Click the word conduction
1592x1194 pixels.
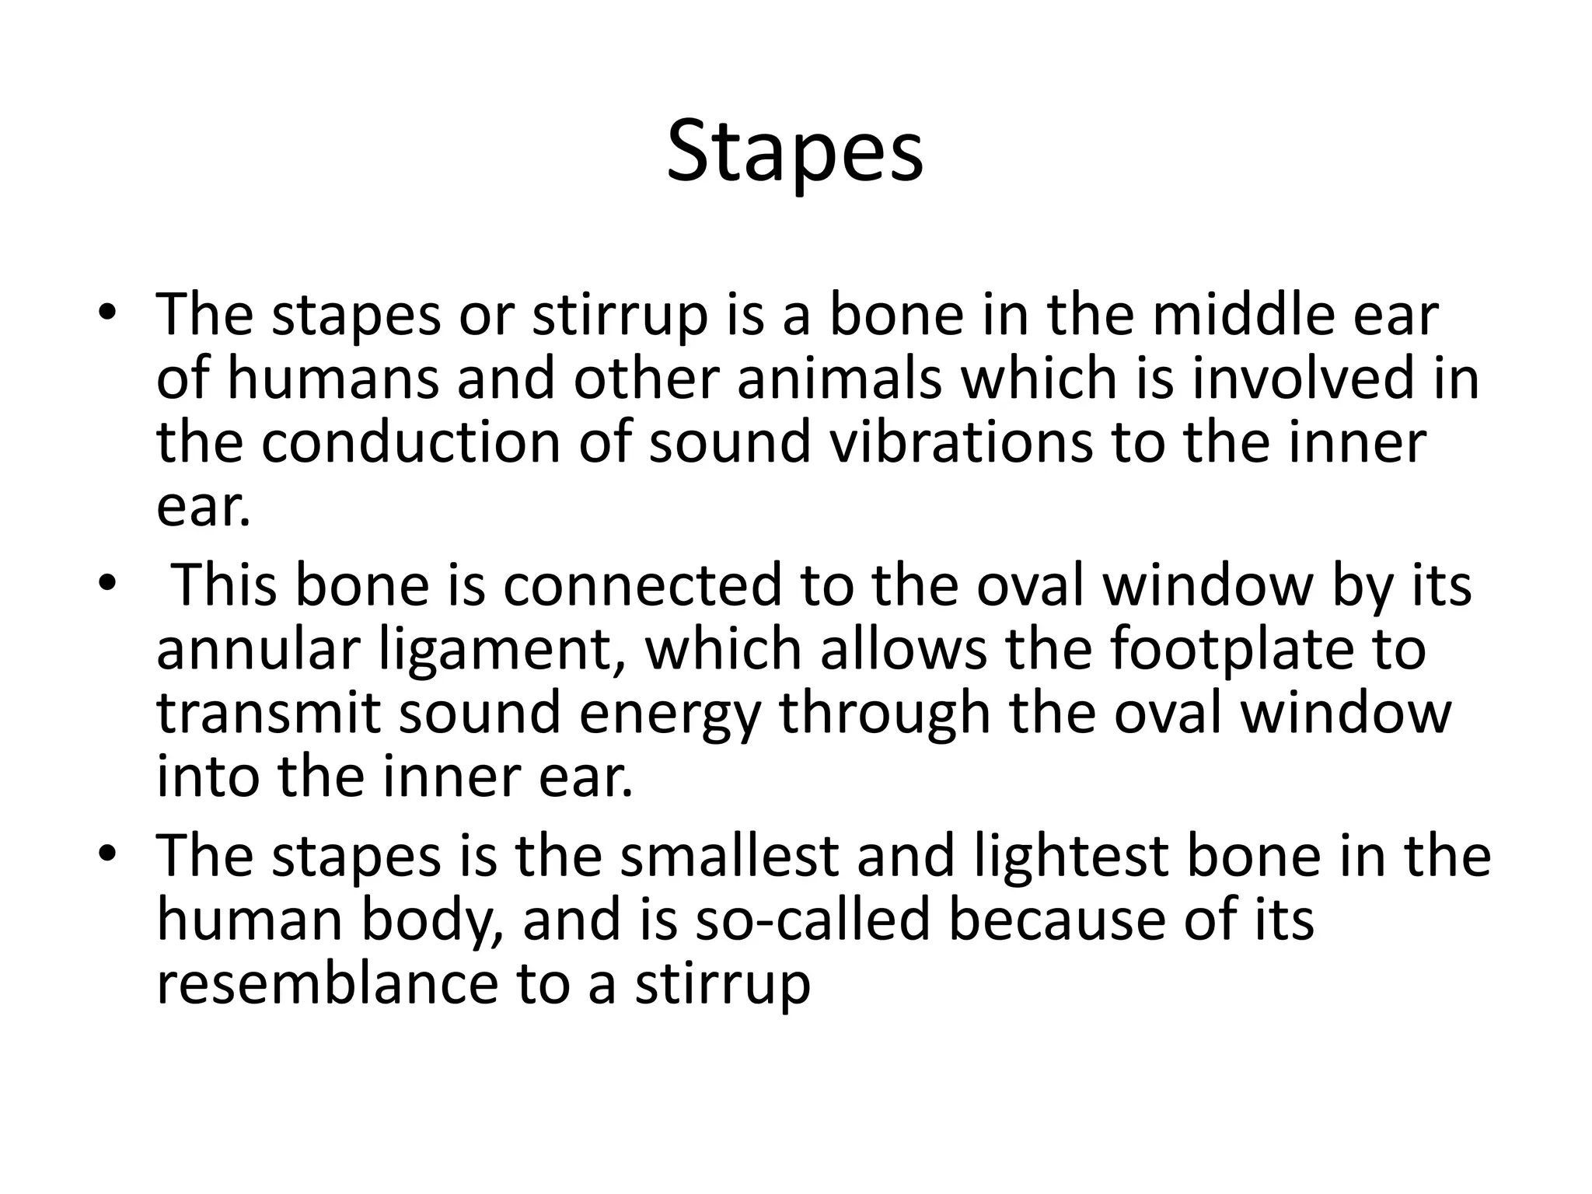pos(410,443)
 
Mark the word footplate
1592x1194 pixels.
pos(1231,649)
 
